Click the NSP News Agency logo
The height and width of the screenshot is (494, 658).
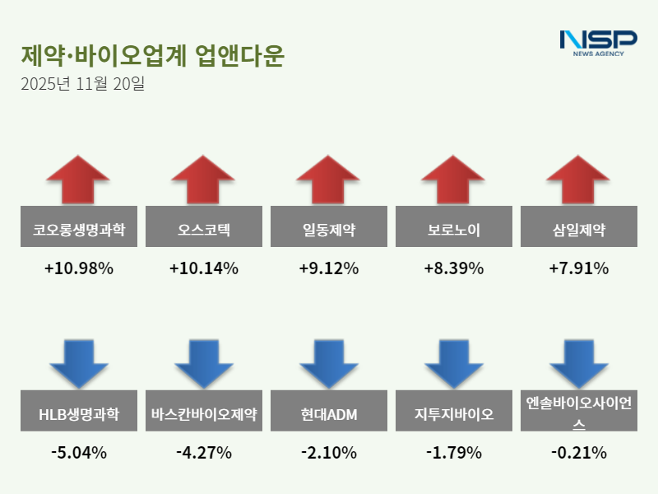tap(598, 42)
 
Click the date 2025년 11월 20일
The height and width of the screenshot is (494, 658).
tap(82, 84)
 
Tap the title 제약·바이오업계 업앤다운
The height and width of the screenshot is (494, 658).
tap(152, 55)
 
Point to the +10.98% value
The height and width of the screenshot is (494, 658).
tap(79, 268)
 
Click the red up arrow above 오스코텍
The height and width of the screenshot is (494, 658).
tap(203, 179)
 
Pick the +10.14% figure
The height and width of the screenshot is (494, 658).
tap(203, 268)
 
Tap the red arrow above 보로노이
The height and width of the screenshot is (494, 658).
tap(453, 179)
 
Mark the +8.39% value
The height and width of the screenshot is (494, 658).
tap(453, 268)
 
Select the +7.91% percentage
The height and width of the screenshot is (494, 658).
tap(578, 268)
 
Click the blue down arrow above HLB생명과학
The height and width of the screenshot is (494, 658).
tap(79, 363)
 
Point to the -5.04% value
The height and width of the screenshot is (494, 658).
tap(79, 453)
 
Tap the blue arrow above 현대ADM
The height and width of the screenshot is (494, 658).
tap(328, 363)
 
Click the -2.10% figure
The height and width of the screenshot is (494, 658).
tap(328, 453)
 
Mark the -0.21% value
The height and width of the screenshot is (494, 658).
tap(578, 453)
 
